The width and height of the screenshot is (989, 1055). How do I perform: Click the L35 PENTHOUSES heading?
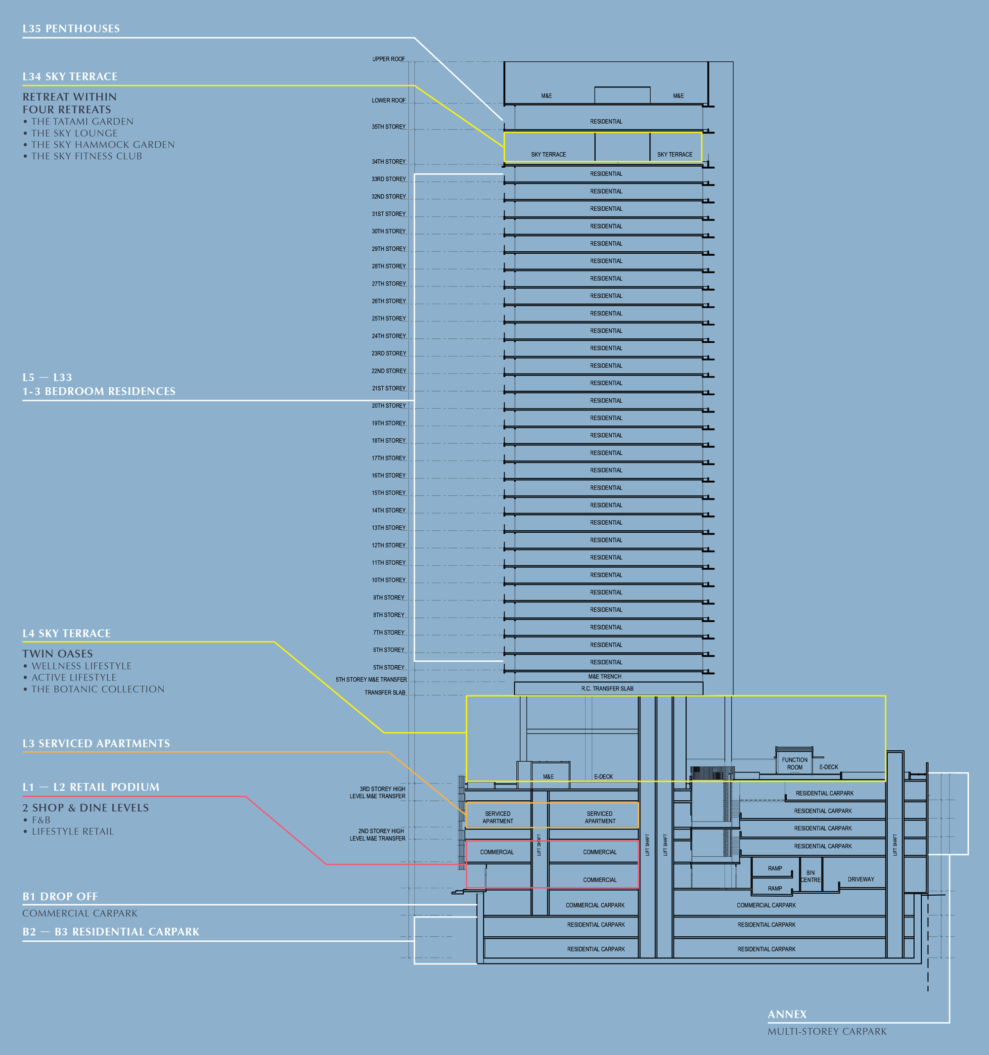(x=71, y=29)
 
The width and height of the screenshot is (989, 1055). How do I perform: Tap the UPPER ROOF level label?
(x=388, y=59)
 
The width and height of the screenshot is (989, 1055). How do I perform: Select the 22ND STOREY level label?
(x=388, y=371)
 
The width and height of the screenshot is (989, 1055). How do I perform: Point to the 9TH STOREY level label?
(x=388, y=597)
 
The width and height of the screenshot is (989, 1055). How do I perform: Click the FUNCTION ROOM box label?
(x=794, y=764)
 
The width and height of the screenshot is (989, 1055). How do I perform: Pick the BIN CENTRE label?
(x=810, y=876)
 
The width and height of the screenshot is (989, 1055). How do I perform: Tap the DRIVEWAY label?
(x=860, y=879)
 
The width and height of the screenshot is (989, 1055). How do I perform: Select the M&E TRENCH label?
(x=604, y=677)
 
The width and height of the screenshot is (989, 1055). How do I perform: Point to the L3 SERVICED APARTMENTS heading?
(x=96, y=743)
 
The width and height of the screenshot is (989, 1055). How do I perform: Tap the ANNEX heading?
(x=787, y=1014)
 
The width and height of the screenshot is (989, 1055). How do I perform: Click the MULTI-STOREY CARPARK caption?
(x=827, y=1031)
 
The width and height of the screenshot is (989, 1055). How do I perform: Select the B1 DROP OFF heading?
(x=60, y=896)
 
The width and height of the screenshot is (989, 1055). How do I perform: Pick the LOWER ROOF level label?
(x=388, y=100)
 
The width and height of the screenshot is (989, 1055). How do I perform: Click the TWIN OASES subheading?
(x=57, y=654)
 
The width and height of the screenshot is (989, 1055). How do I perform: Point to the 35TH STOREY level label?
(x=388, y=127)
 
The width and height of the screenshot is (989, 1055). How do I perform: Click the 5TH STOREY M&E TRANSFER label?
(x=371, y=679)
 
